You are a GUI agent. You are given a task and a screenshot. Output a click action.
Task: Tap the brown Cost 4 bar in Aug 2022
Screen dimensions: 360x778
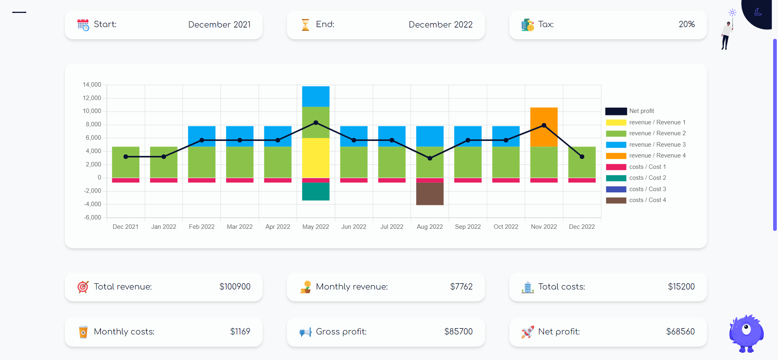[x=430, y=194]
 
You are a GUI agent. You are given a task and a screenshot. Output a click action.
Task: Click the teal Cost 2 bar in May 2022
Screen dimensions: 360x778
[x=316, y=192]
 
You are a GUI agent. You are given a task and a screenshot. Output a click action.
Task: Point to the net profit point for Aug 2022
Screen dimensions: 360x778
[x=430, y=158]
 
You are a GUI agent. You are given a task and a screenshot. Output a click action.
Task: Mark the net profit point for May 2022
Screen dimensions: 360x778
[x=316, y=123]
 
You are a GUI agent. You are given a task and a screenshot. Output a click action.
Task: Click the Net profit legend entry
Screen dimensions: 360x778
[x=641, y=111]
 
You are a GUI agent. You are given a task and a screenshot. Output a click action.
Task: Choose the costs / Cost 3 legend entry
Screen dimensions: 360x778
[x=647, y=189]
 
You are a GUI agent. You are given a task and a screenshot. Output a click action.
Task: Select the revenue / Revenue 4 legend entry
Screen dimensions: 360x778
[x=657, y=156]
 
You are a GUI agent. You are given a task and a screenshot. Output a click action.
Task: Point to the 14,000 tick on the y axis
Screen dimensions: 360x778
[x=92, y=85]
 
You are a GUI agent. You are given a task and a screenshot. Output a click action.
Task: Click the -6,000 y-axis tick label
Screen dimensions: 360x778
[x=92, y=217]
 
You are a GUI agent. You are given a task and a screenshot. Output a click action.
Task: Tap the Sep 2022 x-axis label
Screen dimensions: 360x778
[x=468, y=227]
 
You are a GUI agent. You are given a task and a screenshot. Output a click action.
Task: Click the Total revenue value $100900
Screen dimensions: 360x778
[x=235, y=287]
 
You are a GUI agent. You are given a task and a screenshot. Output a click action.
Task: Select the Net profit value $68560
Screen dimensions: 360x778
[x=680, y=332]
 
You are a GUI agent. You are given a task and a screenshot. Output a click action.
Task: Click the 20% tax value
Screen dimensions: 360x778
[x=686, y=24]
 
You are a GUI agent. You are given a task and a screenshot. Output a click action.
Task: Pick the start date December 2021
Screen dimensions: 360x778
[x=219, y=25]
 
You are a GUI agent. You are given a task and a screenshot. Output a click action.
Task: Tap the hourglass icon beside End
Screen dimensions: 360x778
[x=306, y=25]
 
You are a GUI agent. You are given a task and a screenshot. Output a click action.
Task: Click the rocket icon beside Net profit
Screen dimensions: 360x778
[x=527, y=332]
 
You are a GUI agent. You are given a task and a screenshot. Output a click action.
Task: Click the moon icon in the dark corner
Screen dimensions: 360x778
[x=758, y=12]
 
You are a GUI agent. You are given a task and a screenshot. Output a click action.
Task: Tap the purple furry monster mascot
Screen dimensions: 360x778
[x=746, y=332]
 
